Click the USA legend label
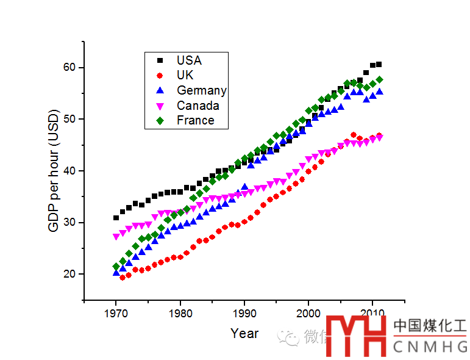click(x=189, y=60)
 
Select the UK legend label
click(x=185, y=75)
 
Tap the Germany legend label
click(x=201, y=90)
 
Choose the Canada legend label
click(x=198, y=106)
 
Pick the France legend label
click(x=195, y=120)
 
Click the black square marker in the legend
click(x=160, y=60)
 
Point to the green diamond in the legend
click(x=160, y=120)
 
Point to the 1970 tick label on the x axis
click(x=116, y=314)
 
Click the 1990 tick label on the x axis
click(x=244, y=314)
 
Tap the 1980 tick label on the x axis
click(x=180, y=314)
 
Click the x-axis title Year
click(x=244, y=334)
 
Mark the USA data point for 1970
click(x=116, y=218)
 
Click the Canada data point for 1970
click(x=116, y=237)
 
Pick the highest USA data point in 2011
click(x=379, y=64)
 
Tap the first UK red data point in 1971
click(x=123, y=278)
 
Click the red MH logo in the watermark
click(x=357, y=334)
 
